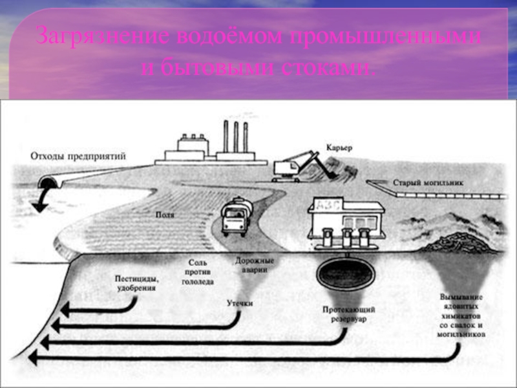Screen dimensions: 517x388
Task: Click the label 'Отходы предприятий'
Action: coord(78,156)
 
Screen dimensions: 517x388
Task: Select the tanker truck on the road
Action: coord(234,217)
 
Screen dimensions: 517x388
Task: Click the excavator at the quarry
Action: coord(295,164)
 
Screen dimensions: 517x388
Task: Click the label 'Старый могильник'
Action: coord(428,183)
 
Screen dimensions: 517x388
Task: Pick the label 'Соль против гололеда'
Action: coord(201,272)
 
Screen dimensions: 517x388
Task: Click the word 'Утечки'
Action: coord(239,302)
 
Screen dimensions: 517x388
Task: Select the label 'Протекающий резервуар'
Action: coord(349,314)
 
